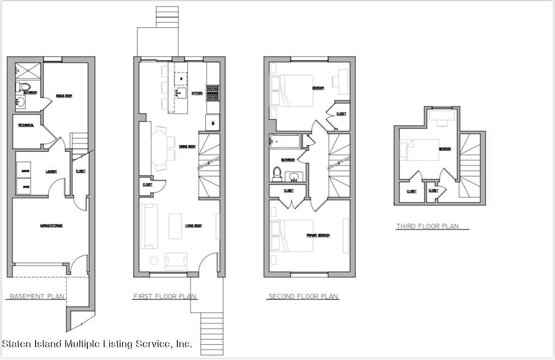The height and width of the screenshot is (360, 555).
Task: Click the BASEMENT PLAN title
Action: [37, 296]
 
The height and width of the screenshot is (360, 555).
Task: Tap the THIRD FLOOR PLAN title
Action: [427, 226]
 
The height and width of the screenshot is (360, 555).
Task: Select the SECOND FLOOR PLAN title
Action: [303, 296]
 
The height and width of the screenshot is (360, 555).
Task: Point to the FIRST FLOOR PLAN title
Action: [165, 296]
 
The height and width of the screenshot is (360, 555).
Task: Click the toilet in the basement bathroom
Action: [24, 87]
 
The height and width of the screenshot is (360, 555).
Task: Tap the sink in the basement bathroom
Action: [21, 102]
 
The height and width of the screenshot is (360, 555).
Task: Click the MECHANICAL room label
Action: [26, 125]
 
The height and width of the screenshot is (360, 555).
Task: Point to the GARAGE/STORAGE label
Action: [51, 226]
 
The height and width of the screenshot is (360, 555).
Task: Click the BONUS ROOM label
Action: [64, 96]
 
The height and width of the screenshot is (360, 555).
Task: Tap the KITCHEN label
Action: [197, 93]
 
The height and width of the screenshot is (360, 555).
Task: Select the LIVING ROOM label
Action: [193, 226]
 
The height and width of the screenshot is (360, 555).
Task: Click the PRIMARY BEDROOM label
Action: [318, 235]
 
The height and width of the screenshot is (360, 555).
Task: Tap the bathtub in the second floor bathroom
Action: [285, 141]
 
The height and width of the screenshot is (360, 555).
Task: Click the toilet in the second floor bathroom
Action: [277, 174]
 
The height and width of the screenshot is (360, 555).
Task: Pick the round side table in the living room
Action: [154, 260]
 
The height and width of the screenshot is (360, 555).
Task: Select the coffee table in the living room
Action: [175, 226]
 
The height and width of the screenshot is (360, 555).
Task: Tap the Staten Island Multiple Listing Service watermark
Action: [97, 344]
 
